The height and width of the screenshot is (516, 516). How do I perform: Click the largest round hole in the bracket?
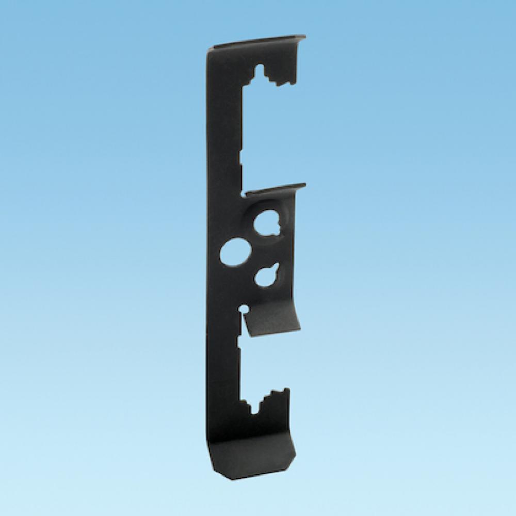coord(235,251)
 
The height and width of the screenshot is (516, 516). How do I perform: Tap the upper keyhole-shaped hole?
coord(266,224)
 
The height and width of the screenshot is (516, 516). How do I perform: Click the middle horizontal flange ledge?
coord(276,189)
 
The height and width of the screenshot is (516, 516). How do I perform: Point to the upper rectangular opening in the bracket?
coord(268,134)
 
